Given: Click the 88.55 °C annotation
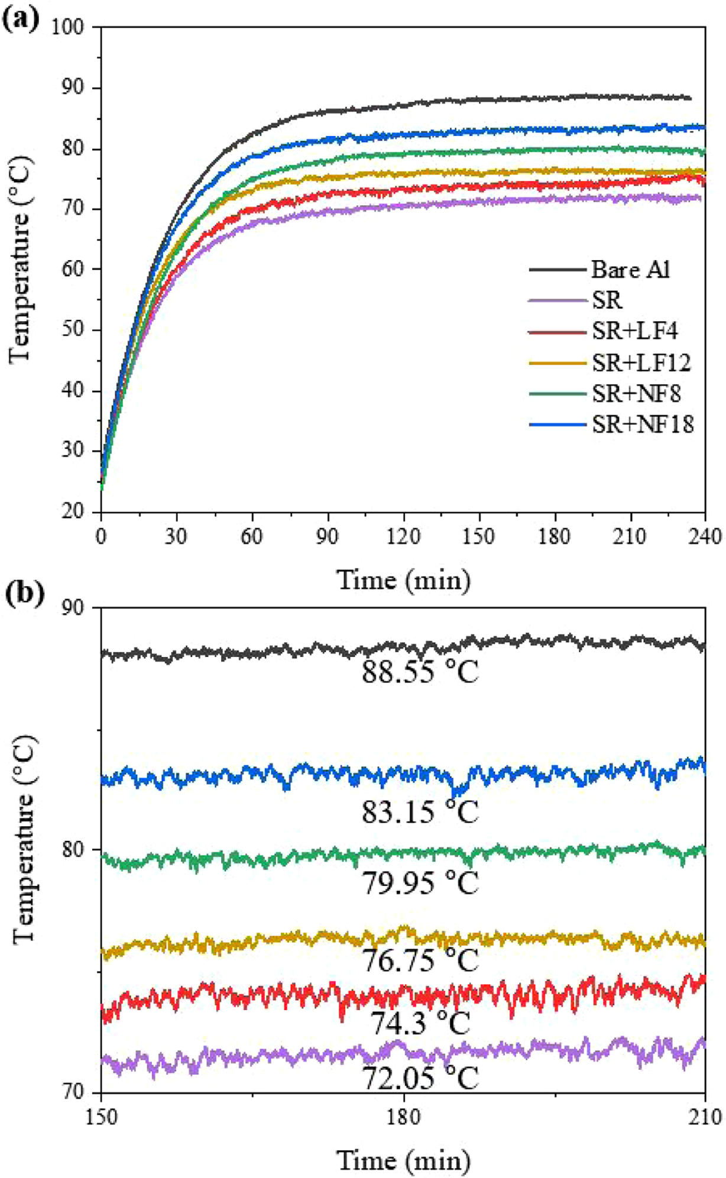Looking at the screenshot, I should point(420,672).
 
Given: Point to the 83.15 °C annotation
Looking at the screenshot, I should point(420,813).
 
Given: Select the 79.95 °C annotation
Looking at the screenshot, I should point(420,883).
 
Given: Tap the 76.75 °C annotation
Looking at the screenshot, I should point(420,960).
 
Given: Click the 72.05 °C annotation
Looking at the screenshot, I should point(420,1078).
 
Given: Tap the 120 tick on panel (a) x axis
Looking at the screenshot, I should point(403,536).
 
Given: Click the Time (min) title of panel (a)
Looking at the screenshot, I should point(403,580).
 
